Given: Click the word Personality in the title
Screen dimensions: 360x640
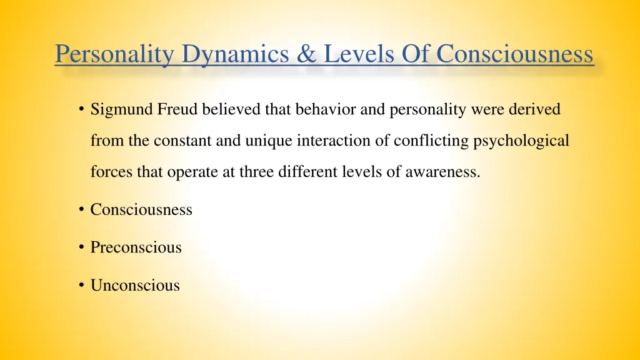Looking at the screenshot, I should click(x=114, y=54).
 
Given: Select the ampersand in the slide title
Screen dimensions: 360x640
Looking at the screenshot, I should click(x=307, y=54).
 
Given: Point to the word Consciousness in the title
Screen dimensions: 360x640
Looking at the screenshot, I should click(x=514, y=54).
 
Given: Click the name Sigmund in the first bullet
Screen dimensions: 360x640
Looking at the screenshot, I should click(x=121, y=110).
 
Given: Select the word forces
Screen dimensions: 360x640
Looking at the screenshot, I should click(x=109, y=172).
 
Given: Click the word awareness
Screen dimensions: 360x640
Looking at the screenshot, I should click(x=442, y=172).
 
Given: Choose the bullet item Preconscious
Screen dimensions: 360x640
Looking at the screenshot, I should click(x=136, y=247).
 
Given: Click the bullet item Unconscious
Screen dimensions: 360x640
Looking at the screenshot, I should click(x=135, y=286).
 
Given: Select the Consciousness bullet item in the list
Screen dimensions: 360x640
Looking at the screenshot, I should click(x=141, y=210).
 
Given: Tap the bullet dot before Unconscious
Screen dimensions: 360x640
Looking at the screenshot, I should click(x=82, y=286).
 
